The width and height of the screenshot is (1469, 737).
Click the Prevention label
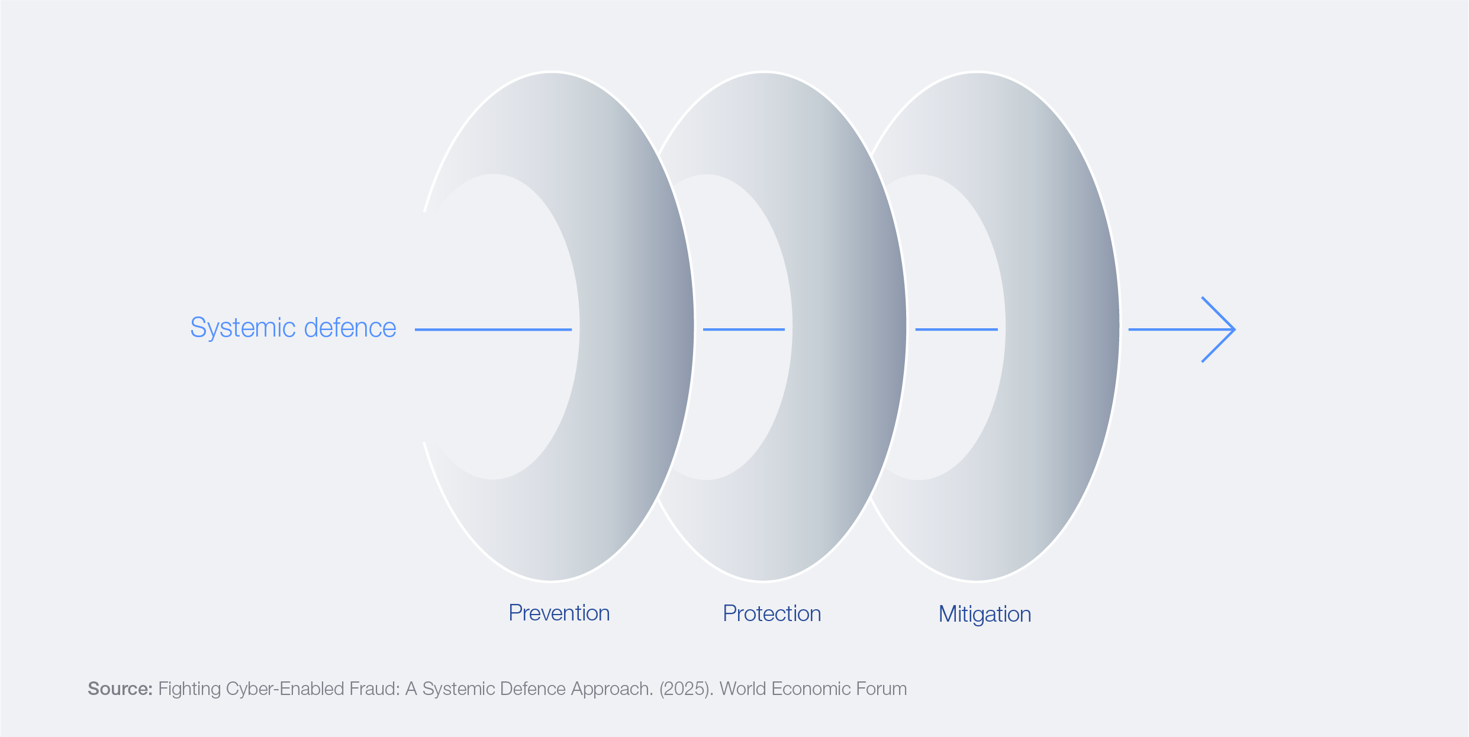click(x=559, y=613)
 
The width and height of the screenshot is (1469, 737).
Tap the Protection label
click(x=772, y=614)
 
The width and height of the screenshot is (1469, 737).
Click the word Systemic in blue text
click(x=243, y=328)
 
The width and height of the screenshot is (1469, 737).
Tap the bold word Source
click(x=120, y=688)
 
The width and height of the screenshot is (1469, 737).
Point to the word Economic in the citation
click(x=811, y=688)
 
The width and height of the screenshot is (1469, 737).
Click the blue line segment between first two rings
click(x=744, y=329)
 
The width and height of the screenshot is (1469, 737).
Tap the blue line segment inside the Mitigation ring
click(x=956, y=329)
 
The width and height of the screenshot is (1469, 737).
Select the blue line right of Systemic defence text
click(x=493, y=329)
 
